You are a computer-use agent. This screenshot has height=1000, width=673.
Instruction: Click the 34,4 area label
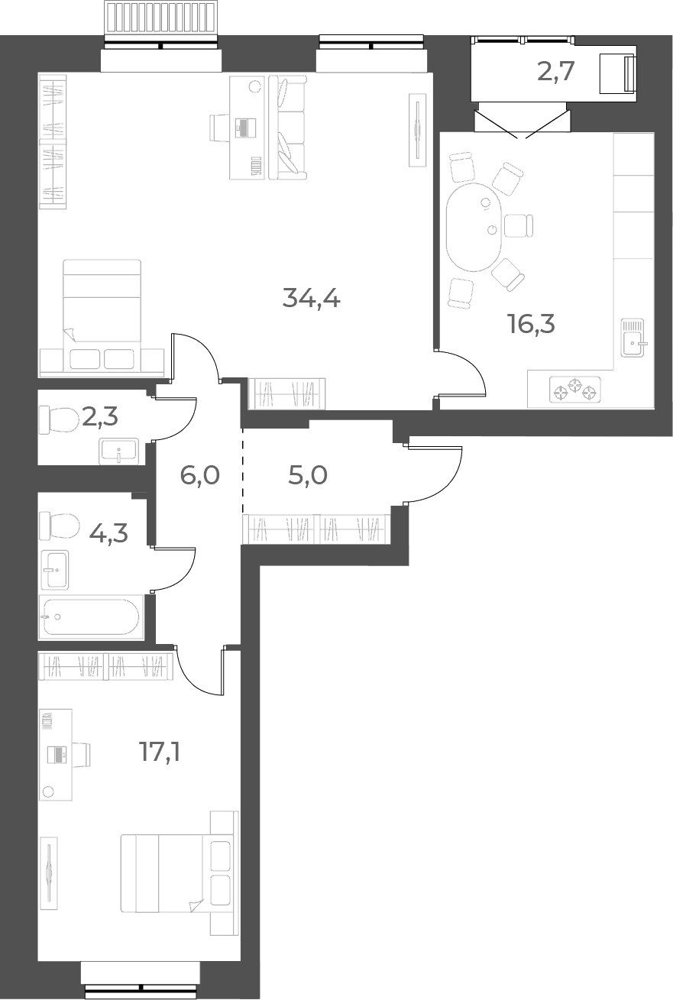(311, 298)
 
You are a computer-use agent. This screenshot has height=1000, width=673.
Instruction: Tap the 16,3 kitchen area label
(531, 324)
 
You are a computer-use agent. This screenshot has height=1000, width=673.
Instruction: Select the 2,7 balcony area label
(555, 72)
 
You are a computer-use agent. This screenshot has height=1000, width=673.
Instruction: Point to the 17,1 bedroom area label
(160, 752)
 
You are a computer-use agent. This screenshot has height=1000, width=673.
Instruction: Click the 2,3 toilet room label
(100, 416)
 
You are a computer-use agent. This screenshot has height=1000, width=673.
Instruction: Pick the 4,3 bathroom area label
(108, 532)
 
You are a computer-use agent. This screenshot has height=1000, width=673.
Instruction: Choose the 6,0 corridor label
(199, 474)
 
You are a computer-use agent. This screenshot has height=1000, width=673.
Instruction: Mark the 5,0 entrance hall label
(308, 474)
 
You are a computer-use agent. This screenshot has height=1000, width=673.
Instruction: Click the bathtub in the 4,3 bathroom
(91, 617)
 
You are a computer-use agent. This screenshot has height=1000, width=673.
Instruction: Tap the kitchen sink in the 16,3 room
(633, 338)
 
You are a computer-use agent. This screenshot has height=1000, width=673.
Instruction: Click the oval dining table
(474, 227)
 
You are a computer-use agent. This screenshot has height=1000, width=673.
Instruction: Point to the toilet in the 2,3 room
(59, 419)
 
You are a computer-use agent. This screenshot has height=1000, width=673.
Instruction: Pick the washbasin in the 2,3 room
(119, 451)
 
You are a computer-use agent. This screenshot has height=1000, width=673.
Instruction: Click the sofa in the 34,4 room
(288, 128)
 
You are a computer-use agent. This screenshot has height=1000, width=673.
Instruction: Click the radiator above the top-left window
(162, 17)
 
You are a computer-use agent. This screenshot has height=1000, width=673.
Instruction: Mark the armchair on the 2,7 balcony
(617, 73)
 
